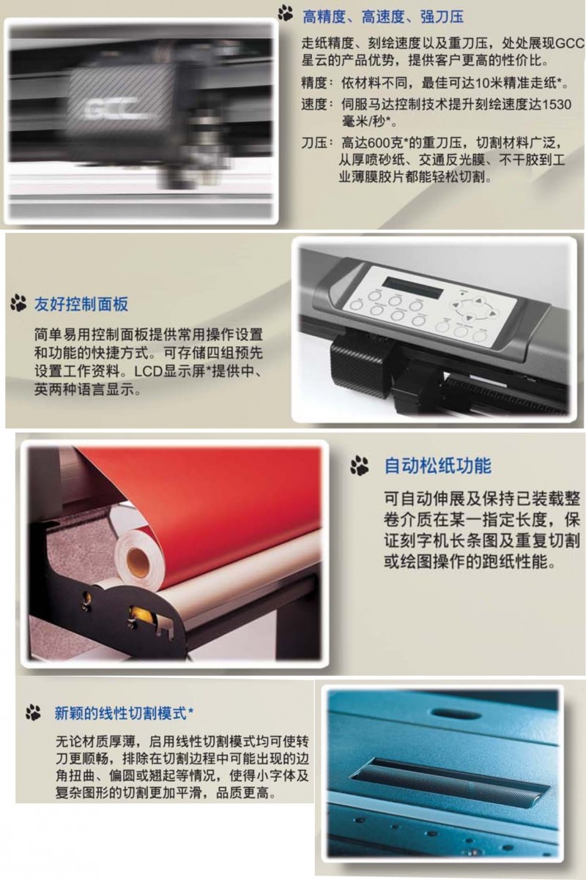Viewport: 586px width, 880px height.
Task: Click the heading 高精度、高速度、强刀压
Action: [383, 17]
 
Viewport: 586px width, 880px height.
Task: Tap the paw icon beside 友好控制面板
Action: [18, 303]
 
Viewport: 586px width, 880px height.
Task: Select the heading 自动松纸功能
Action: [437, 466]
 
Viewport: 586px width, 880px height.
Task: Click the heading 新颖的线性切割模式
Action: [121, 713]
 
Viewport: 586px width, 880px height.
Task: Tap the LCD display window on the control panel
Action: [413, 288]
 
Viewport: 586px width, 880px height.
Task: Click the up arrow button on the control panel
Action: [478, 301]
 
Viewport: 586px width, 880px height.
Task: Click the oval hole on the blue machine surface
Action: [456, 713]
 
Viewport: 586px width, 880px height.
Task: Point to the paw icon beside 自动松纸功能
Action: [359, 466]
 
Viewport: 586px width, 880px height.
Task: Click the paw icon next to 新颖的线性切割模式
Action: [33, 712]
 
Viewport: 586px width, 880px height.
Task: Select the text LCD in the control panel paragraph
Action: [148, 371]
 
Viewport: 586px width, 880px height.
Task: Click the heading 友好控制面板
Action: [81, 305]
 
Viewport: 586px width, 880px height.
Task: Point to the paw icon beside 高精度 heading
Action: [286, 13]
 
